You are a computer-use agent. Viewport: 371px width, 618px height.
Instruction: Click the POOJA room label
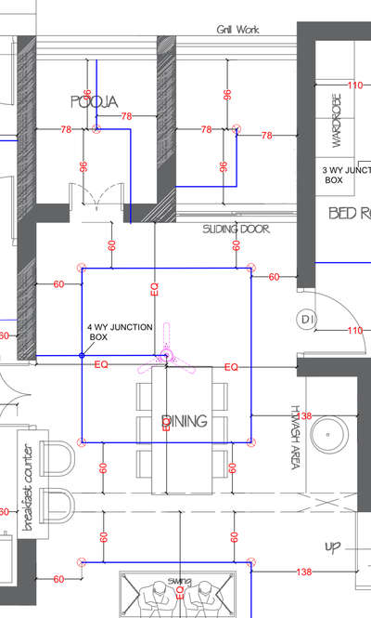pyautogui.click(x=94, y=101)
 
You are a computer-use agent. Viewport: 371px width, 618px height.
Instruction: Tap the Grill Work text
pyautogui.click(x=237, y=30)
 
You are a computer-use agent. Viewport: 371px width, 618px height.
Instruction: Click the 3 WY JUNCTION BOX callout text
pyautogui.click(x=345, y=176)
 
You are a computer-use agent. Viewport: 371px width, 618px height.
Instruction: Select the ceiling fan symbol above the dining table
pyautogui.click(x=166, y=354)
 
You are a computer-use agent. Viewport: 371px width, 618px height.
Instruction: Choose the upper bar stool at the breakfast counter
pyautogui.click(x=58, y=458)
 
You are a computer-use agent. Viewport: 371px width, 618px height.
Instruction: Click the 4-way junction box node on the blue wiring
pyautogui.click(x=82, y=355)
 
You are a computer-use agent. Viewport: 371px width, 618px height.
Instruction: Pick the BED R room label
pyautogui.click(x=349, y=214)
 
